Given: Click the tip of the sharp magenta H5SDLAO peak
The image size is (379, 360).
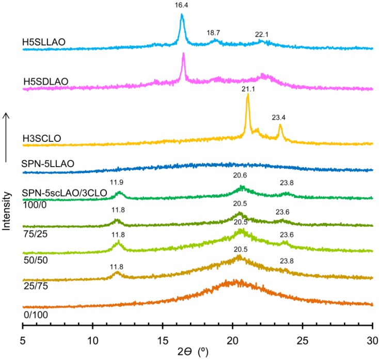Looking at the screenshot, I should [x=183, y=54].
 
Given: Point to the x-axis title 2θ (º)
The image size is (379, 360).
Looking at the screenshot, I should [x=197, y=353].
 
